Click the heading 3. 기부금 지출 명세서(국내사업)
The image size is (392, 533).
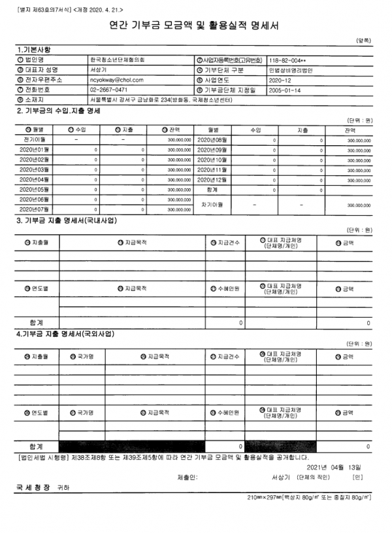pos(67,220)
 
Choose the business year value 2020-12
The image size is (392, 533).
pos(280,78)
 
